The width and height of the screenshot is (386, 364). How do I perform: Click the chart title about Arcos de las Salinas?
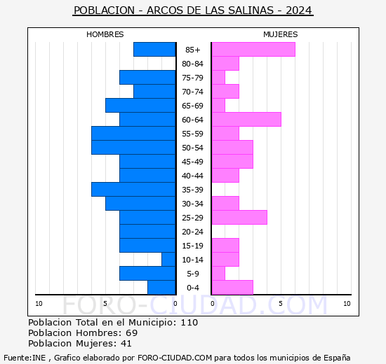click(x=193, y=11)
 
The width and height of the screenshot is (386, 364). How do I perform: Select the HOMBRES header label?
click(x=105, y=34)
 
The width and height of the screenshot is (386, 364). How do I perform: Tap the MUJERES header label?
click(x=280, y=34)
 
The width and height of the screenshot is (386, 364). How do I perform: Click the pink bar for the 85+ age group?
click(x=253, y=49)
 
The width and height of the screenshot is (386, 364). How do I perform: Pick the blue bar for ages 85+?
click(x=154, y=49)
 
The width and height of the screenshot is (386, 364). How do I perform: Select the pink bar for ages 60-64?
click(x=246, y=119)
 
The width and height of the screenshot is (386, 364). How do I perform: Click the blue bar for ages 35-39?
click(x=133, y=189)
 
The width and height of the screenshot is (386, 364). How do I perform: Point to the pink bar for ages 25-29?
click(x=239, y=217)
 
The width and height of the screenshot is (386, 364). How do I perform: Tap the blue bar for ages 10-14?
click(x=168, y=259)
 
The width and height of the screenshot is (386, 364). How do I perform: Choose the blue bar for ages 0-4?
click(x=161, y=287)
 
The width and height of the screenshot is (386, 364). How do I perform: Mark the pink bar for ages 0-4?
click(x=232, y=287)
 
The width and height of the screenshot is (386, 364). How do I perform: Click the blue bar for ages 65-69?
click(x=140, y=105)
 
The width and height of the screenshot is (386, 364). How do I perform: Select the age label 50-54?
click(x=193, y=148)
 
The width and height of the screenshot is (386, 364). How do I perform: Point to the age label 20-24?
click(x=193, y=232)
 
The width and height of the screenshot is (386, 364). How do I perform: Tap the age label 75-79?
click(x=193, y=78)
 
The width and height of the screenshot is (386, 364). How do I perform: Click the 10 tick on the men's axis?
click(x=39, y=303)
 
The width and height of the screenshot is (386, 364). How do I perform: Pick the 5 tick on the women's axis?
click(x=281, y=303)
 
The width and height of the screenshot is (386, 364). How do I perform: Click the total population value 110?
click(x=189, y=323)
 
